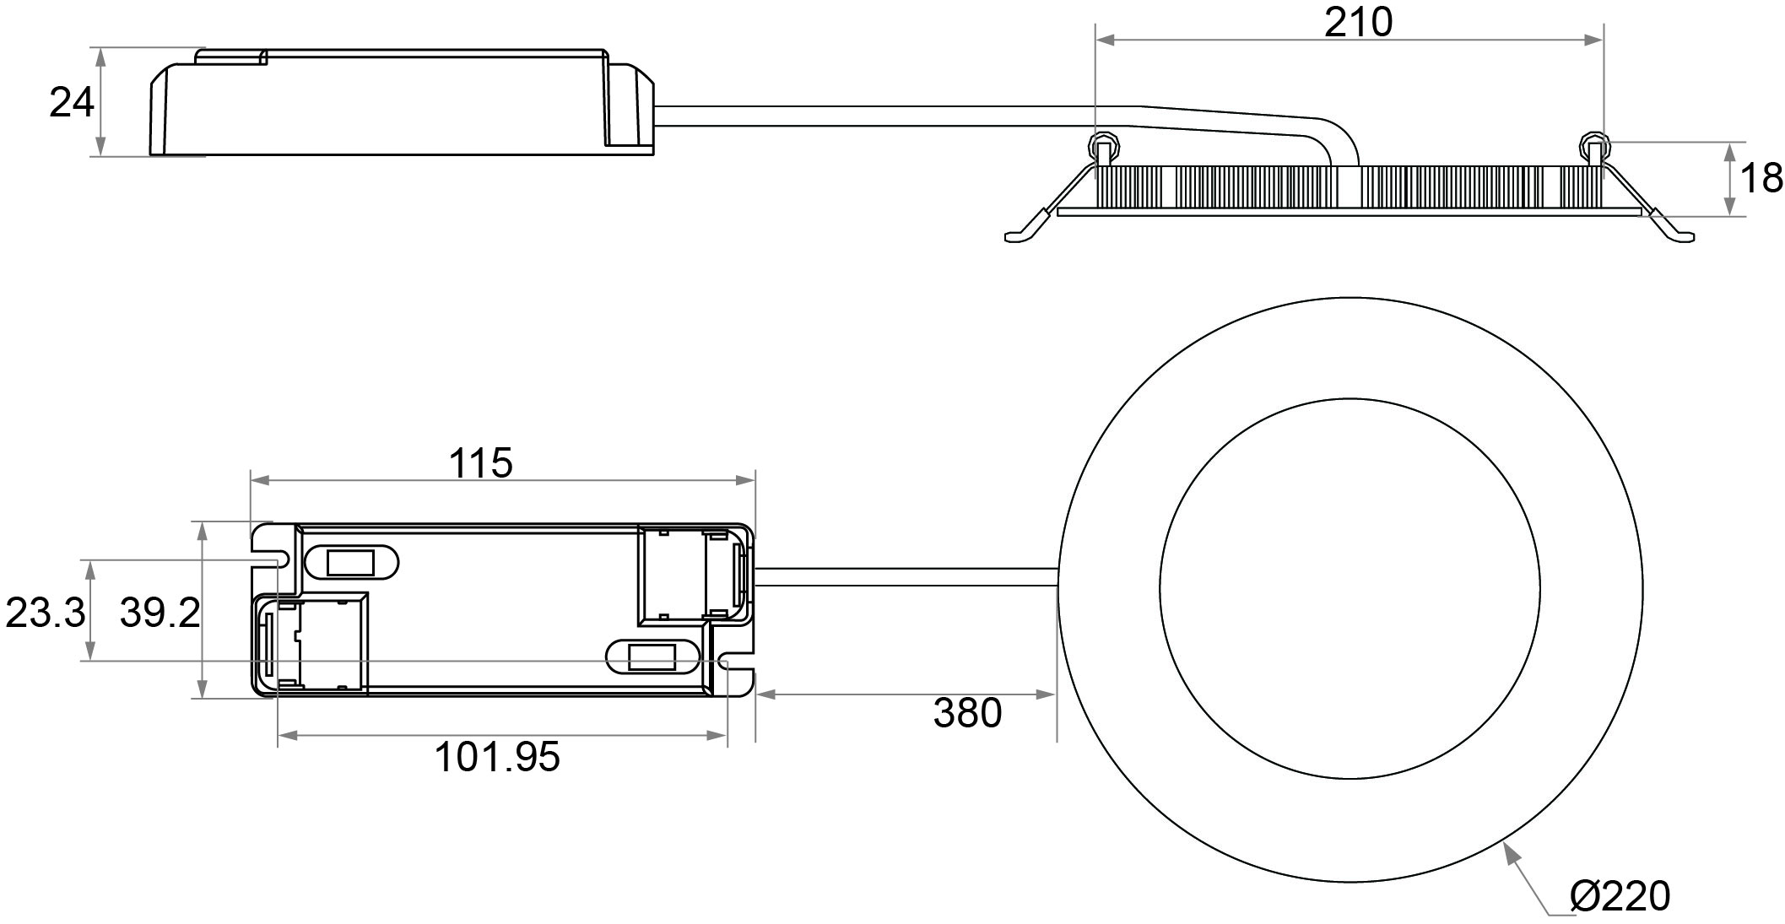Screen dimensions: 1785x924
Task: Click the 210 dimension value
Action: (1358, 23)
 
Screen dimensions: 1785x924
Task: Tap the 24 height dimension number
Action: (72, 104)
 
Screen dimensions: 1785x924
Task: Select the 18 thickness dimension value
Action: (1762, 179)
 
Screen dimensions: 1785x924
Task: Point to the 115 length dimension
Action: (480, 463)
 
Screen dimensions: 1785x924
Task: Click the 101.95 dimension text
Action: (497, 757)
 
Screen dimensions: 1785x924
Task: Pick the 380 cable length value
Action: (967, 713)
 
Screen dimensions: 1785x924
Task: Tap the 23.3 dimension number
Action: (46, 613)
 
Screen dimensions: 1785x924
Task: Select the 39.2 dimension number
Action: (160, 613)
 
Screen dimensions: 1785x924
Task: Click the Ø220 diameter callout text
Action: (1620, 896)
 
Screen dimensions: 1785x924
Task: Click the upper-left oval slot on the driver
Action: (350, 562)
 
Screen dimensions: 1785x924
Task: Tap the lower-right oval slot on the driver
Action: (654, 657)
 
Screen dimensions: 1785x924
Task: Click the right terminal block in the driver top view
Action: (694, 576)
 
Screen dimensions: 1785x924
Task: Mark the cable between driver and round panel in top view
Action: (906, 577)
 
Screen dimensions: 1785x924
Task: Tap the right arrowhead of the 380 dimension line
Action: (1047, 694)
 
